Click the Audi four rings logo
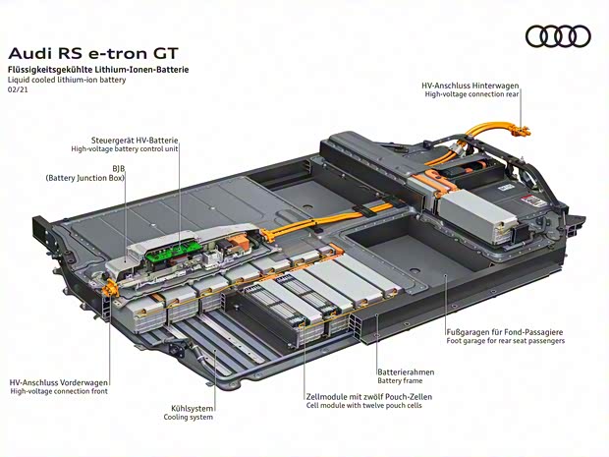(558, 37)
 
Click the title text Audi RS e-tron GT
(93, 53)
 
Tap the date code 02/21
(18, 89)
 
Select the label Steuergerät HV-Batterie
(137, 140)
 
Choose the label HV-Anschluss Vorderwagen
(59, 382)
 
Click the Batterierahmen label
(406, 372)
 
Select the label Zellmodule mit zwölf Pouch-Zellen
(368, 396)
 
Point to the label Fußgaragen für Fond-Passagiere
(505, 331)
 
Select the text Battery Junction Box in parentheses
(84, 178)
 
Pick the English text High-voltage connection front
(60, 391)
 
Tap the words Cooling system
(188, 417)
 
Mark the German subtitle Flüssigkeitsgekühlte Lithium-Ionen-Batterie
(98, 70)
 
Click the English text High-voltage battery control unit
(125, 149)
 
